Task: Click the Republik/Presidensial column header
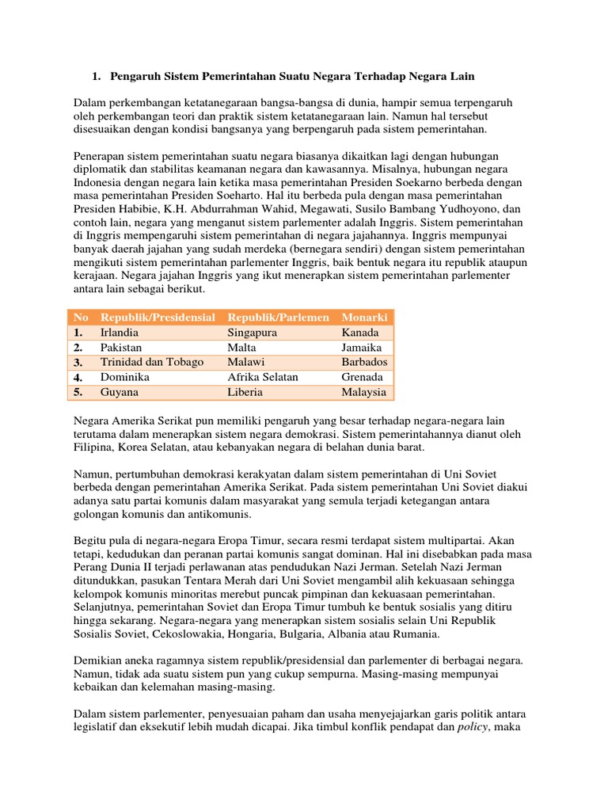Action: coord(158,318)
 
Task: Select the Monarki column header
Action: coord(365,318)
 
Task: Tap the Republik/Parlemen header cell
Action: coord(278,318)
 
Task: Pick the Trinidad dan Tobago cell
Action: coord(152,362)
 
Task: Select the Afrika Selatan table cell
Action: coord(263,377)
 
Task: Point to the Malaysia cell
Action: coord(364,392)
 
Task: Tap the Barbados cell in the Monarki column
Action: coord(364,362)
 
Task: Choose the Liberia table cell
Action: coord(246,392)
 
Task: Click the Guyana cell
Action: coord(120,392)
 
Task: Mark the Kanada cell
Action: coord(360,333)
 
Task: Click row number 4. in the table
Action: coord(79,377)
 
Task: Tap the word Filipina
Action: coord(96,447)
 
